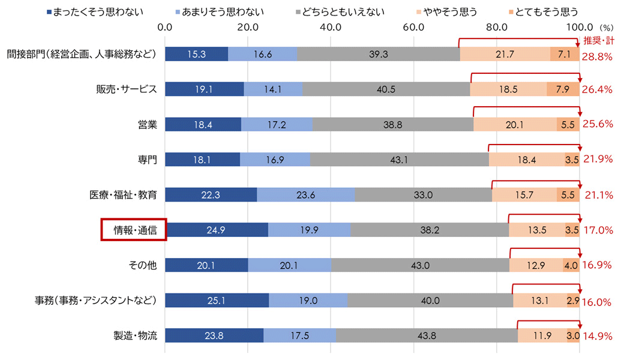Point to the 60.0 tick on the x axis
pos(414,27)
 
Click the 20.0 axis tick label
pos(248,27)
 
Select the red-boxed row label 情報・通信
pos(133,230)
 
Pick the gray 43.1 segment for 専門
pos(399,160)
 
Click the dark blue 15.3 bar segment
pos(196,54)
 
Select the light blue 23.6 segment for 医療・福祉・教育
pos(305,195)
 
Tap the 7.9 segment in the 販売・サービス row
pos(563,89)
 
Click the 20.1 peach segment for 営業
pos(515,124)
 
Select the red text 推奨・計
pos(598,41)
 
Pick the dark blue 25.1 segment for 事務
pos(217,301)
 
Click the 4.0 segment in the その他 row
pos(571,265)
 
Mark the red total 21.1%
pos(598,196)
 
